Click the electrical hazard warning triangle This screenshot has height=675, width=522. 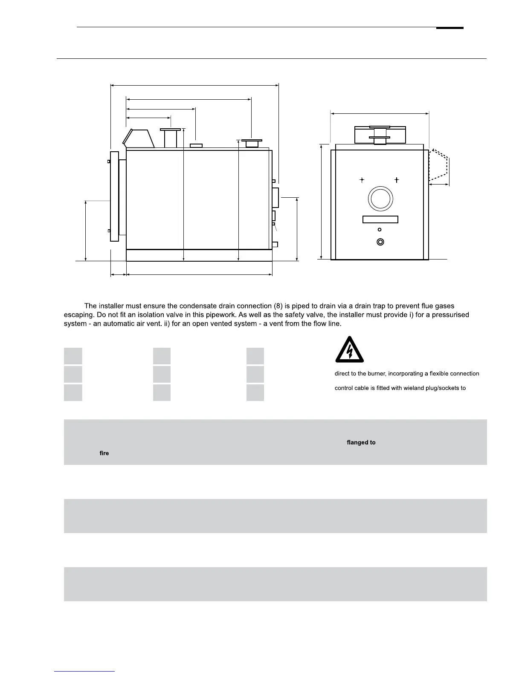coord(349,352)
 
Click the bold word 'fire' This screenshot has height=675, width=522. coord(104,453)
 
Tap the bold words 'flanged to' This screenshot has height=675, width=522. coord(361,442)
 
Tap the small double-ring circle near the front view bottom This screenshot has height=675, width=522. coord(380,242)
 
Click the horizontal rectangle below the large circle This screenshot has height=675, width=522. coord(380,219)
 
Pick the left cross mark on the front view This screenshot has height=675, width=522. coord(362,180)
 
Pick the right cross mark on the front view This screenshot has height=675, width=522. coord(397,180)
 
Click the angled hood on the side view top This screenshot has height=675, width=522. coord(139,138)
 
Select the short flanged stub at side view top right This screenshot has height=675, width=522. coord(252,143)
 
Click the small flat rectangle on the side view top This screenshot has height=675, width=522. coord(196,146)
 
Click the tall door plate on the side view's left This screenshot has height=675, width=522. coord(114,196)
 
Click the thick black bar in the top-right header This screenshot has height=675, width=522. coord(449,28)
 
